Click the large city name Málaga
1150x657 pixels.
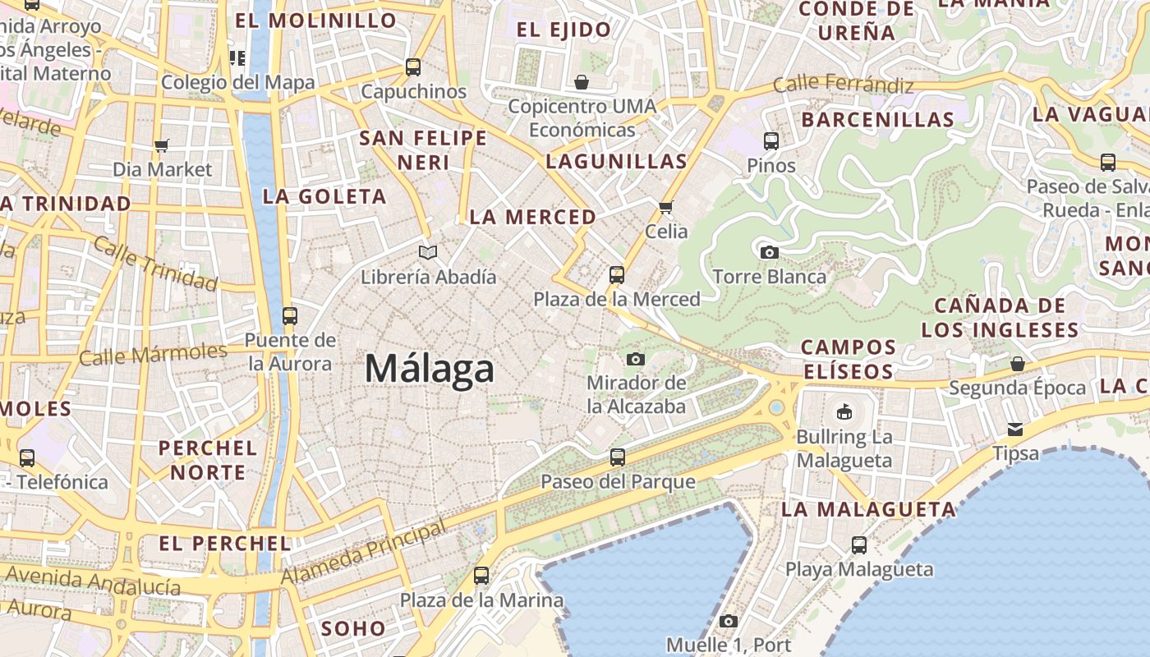pos(430,369)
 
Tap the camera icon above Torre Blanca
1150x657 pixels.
pos(769,252)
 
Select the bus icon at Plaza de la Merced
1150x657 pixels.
pos(617,275)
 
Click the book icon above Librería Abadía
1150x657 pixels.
pos(428,252)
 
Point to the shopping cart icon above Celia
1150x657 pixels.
pos(666,207)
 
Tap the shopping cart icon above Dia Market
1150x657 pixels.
pos(162,145)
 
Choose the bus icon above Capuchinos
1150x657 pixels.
pos(413,67)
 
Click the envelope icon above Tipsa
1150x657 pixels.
pos(1016,430)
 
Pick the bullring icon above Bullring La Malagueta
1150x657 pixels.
pos(844,411)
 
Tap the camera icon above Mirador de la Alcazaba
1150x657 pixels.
pos(636,359)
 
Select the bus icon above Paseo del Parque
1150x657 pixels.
pos(618,457)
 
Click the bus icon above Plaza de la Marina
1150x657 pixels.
pos(481,576)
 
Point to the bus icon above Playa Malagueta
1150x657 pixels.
pos(859,544)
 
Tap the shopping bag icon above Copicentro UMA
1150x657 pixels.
pos(582,82)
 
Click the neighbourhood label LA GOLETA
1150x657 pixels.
pos(324,197)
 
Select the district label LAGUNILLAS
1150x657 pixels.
pos(616,162)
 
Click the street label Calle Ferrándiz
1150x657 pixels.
pos(843,84)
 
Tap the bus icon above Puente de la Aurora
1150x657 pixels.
pos(289,316)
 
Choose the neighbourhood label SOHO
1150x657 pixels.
pos(353,629)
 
